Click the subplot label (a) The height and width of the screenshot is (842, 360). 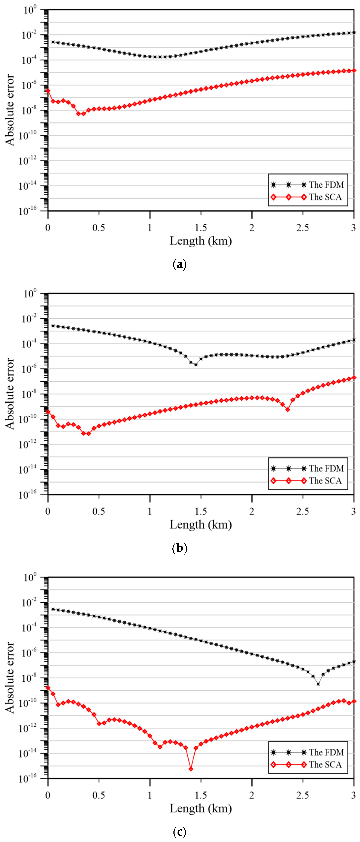179,264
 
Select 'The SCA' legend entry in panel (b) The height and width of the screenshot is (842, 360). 325,481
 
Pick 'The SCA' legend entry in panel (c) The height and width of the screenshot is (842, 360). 325,764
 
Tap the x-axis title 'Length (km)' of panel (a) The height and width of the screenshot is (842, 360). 201,241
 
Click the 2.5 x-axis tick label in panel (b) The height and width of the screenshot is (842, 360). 302,512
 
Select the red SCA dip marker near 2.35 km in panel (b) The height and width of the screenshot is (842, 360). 287,410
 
